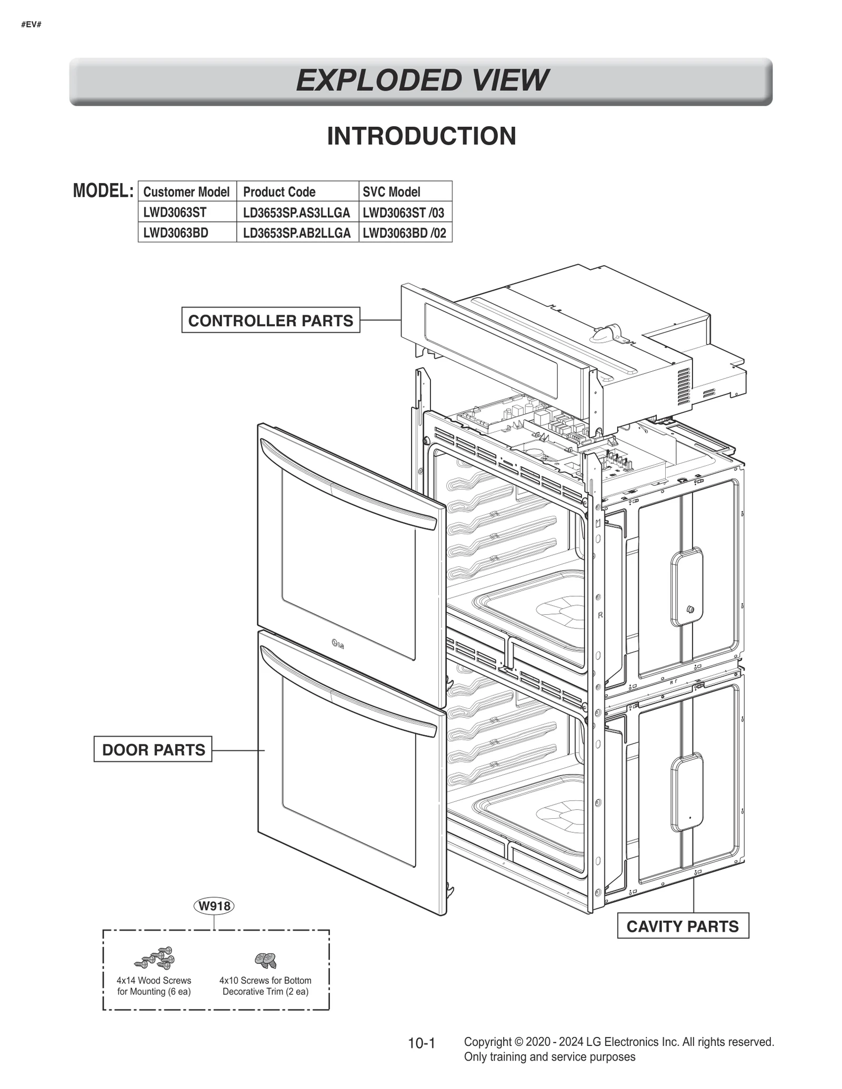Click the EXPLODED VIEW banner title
coord(421,80)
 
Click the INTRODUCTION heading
coord(421,136)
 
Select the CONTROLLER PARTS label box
coord(270,320)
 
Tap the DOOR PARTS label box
coord(153,749)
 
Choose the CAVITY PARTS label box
coord(683,926)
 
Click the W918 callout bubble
coord(214,906)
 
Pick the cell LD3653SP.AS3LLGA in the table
coord(296,212)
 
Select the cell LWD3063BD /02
coord(404,233)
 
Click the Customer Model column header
coord(186,192)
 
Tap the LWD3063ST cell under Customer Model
coord(175,212)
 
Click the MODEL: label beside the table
coord(103,191)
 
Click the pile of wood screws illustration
coord(155,958)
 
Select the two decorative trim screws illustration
coord(266,960)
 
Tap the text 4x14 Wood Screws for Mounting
coord(154,986)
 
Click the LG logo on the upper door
coord(337,643)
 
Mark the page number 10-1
coord(422,1043)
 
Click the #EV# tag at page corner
coord(31,25)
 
